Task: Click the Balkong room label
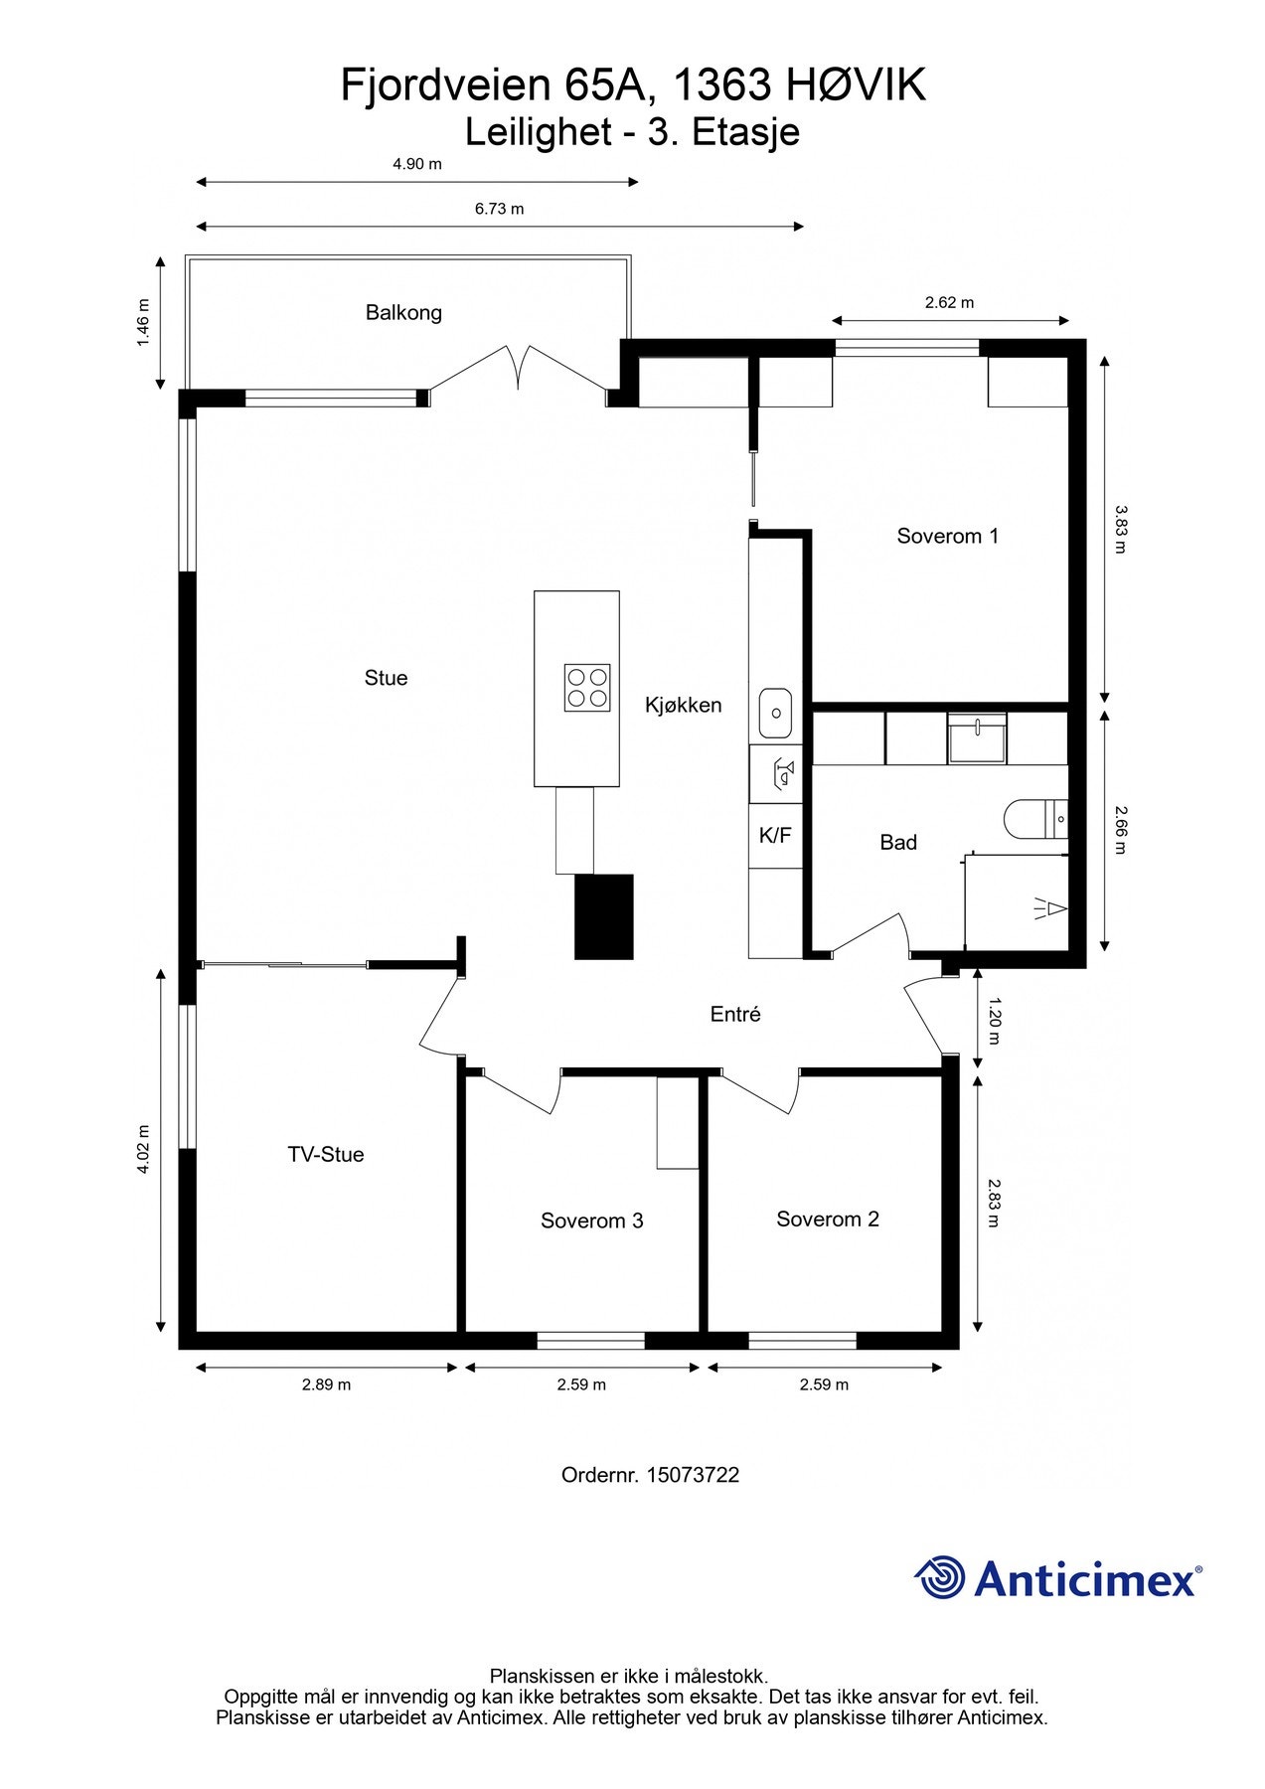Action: [403, 313]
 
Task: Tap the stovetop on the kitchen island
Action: [586, 688]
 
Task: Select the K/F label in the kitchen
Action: [775, 836]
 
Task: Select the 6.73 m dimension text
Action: [499, 209]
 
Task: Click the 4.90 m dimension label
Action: [417, 164]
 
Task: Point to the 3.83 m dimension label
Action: [1120, 530]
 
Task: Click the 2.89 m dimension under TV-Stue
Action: [326, 1384]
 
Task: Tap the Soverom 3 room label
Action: [591, 1220]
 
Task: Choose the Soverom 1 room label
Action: [947, 537]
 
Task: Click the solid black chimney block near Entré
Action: [604, 916]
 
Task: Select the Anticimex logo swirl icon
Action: [940, 1577]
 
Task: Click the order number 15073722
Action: [692, 1475]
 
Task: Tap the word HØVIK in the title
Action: [857, 85]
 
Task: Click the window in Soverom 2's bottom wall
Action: [802, 1341]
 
